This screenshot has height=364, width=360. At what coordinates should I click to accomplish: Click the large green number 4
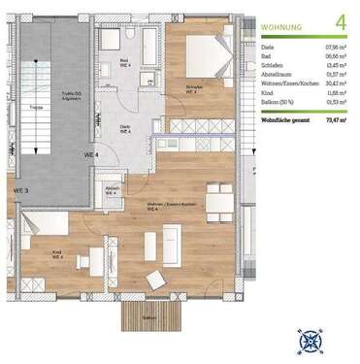[339, 19]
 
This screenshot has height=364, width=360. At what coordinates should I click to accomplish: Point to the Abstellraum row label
[279, 73]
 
